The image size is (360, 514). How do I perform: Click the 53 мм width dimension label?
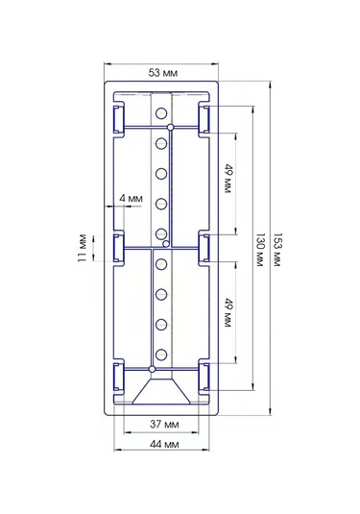click(162, 72)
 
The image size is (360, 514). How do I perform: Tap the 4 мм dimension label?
click(131, 199)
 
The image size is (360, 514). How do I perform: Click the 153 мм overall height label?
click(277, 249)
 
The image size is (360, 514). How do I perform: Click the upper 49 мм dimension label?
click(228, 179)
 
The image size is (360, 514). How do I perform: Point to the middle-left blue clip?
click(119, 248)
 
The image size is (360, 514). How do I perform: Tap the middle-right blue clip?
click(205, 248)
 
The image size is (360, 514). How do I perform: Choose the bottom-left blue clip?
click(119, 378)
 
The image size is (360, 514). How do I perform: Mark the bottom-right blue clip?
click(205, 378)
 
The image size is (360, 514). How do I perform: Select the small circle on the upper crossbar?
click(170, 126)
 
